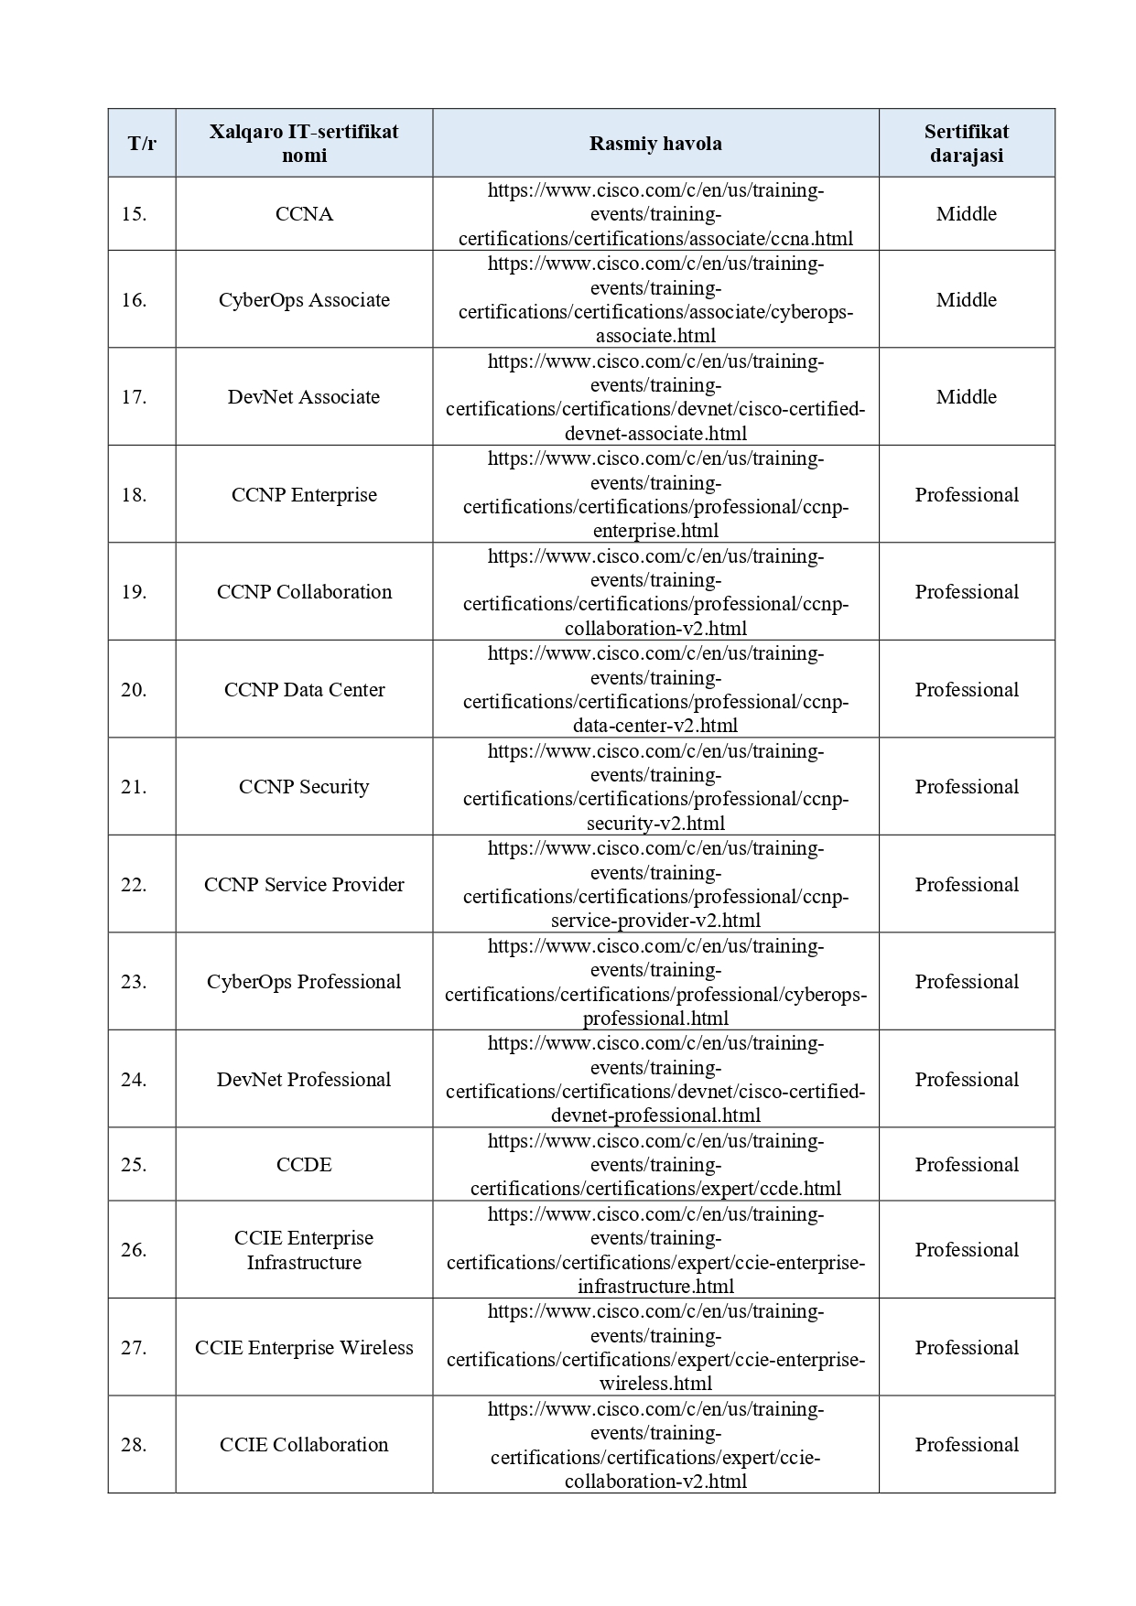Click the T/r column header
click(142, 144)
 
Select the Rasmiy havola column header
click(655, 144)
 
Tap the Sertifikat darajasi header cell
click(966, 144)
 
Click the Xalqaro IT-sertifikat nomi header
click(304, 144)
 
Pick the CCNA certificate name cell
click(304, 214)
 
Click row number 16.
click(134, 300)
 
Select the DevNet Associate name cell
click(304, 397)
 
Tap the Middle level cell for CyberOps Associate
click(966, 300)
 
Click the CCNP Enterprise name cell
click(304, 495)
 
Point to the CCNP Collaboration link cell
click(655, 592)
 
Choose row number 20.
click(134, 690)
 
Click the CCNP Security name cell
click(304, 787)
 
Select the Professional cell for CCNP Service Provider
click(966, 885)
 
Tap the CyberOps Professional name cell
click(304, 982)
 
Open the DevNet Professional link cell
click(655, 1080)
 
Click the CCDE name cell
click(304, 1165)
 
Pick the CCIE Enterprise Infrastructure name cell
click(304, 1250)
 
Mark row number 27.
click(134, 1348)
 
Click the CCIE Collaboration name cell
click(304, 1445)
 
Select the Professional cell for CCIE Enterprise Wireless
click(966, 1348)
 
